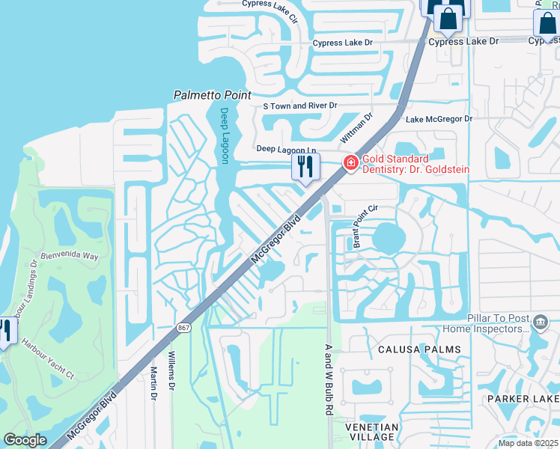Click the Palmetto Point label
point(212,95)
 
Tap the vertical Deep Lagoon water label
point(224,135)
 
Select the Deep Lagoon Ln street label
point(287,149)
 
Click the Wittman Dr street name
point(357,129)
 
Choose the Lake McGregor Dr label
point(439,119)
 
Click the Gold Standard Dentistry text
point(415,164)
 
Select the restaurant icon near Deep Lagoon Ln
point(305,166)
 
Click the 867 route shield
point(183,328)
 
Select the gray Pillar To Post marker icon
point(541,323)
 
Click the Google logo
point(25,440)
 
